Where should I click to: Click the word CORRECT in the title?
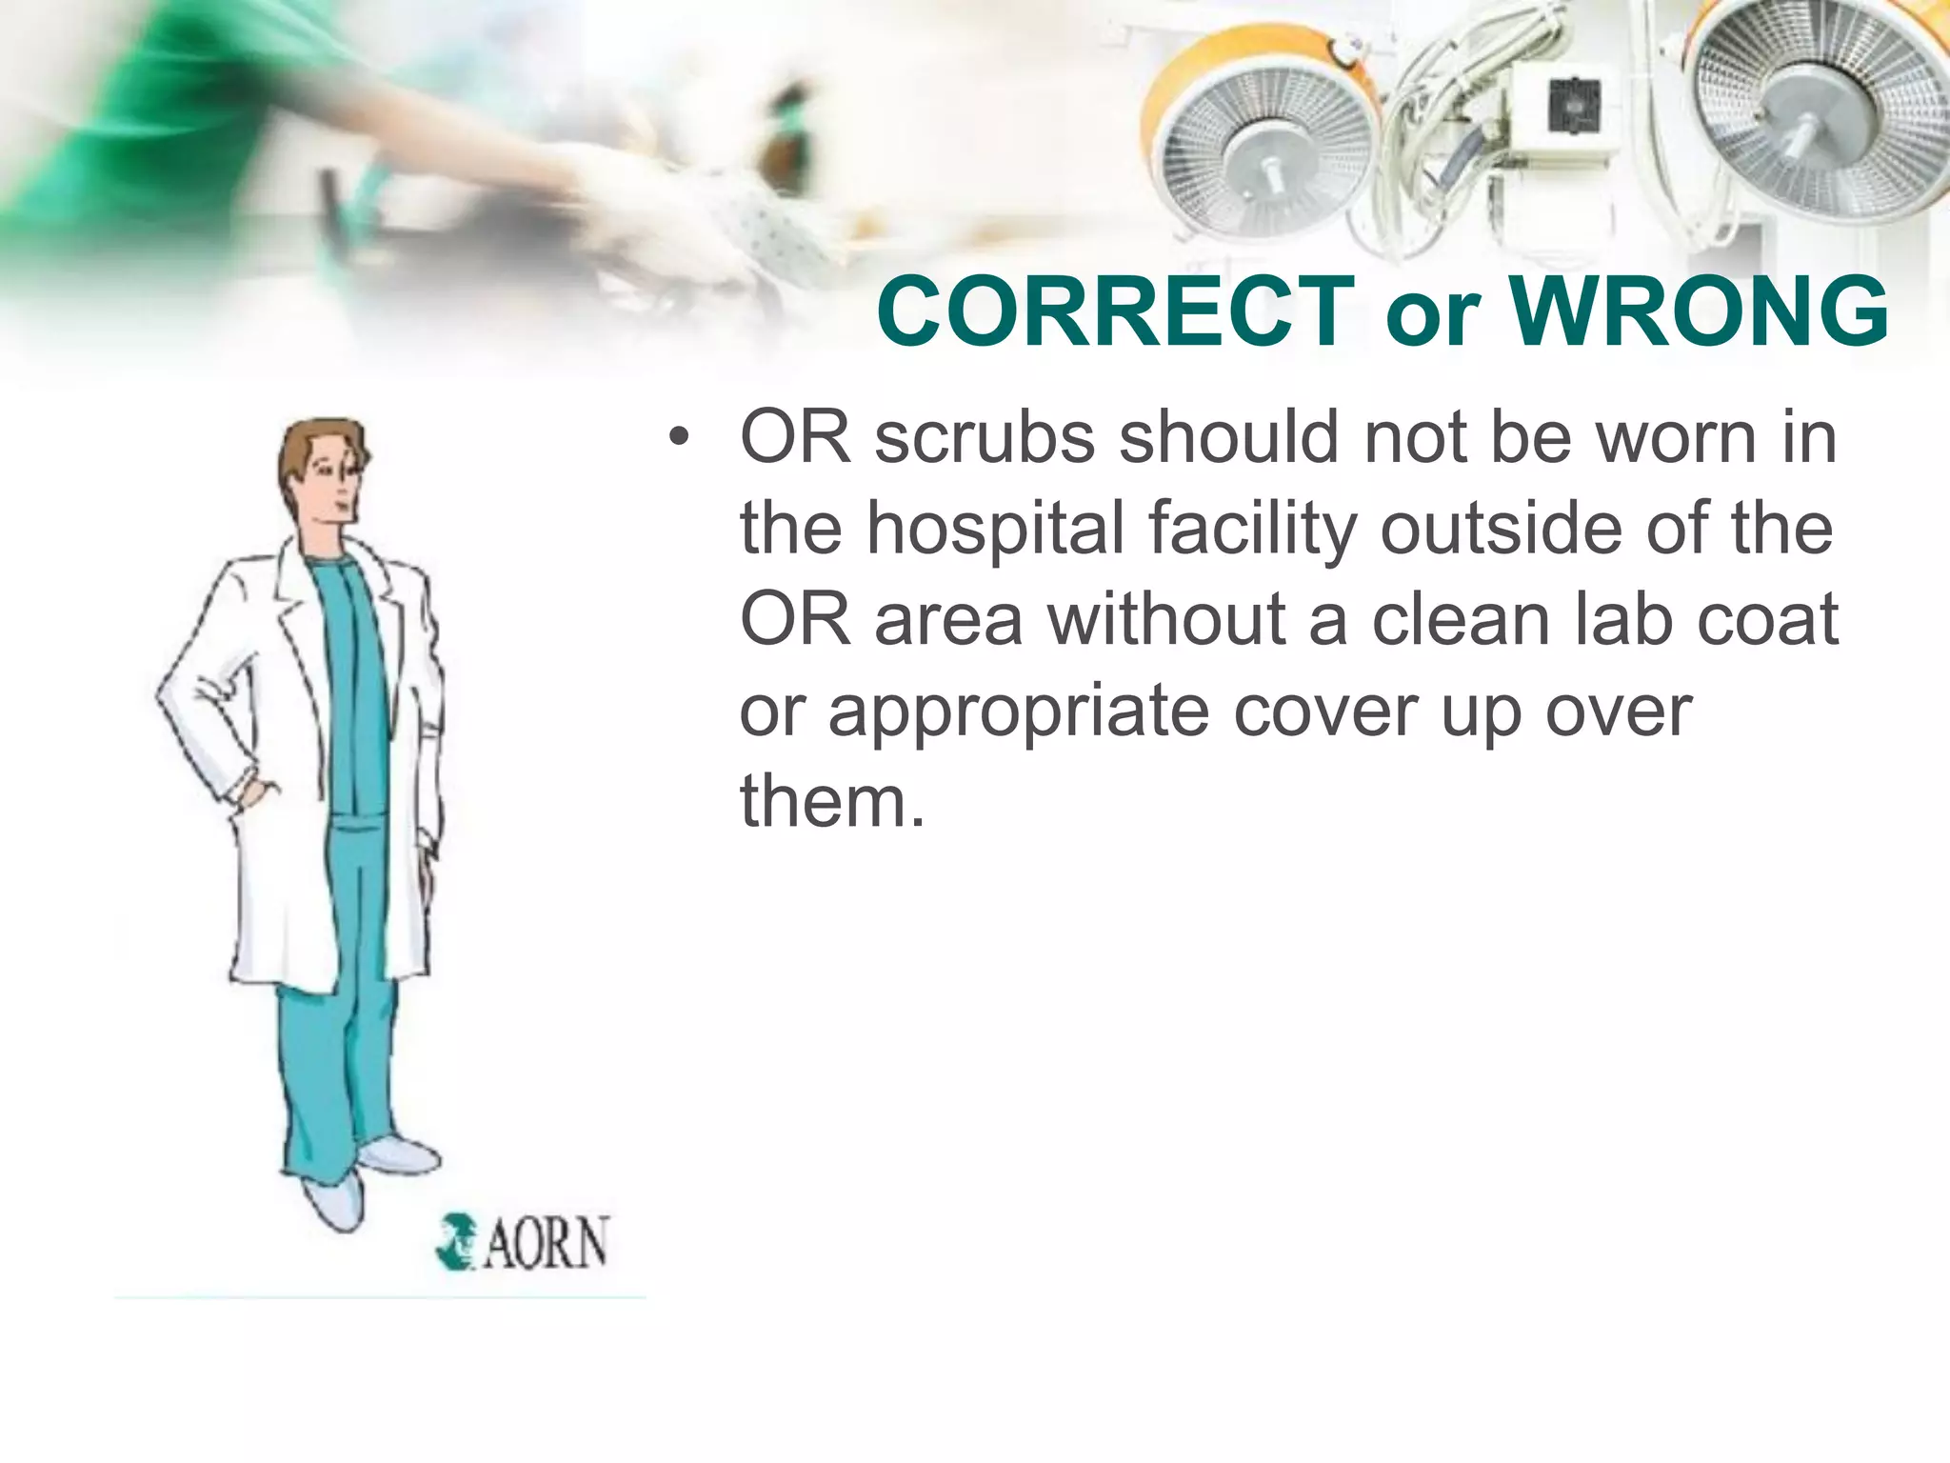(x=1115, y=311)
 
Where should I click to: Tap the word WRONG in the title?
(x=1699, y=311)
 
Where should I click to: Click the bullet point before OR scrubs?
(x=678, y=438)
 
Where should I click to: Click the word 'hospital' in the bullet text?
(x=996, y=530)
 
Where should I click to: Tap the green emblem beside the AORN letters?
(x=456, y=1241)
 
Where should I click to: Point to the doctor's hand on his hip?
(x=255, y=793)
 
